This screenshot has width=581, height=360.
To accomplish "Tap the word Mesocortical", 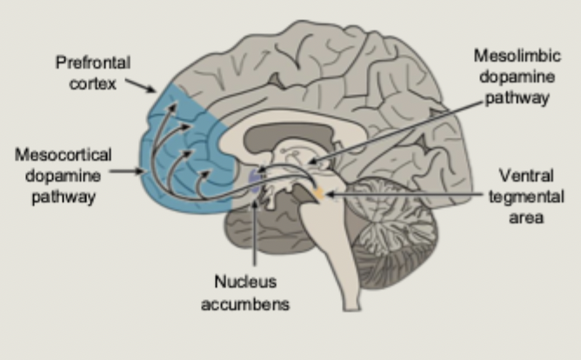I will pyautogui.click(x=63, y=154).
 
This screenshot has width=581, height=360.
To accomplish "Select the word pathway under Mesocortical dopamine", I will pyautogui.click(x=63, y=197).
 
